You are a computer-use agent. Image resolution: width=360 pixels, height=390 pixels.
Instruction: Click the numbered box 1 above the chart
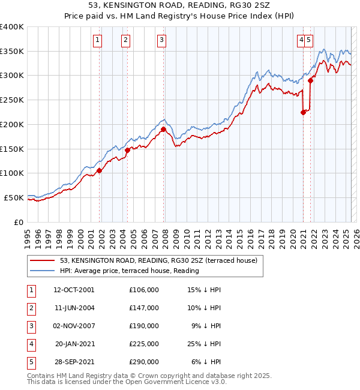[97, 40]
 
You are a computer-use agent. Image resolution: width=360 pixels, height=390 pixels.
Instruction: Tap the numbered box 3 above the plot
[162, 40]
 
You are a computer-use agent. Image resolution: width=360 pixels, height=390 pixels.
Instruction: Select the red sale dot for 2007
[163, 128]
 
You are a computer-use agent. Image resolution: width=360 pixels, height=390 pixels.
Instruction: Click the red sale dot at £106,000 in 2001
[100, 170]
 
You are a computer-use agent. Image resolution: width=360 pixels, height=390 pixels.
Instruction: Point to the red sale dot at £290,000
[311, 80]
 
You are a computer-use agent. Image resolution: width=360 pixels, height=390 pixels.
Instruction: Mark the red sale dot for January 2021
[303, 112]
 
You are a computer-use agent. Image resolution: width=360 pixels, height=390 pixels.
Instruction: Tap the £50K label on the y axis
[14, 197]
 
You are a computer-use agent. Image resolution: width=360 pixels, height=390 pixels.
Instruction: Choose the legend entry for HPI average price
[128, 271]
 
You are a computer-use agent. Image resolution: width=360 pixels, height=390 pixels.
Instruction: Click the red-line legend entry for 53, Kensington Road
[158, 260]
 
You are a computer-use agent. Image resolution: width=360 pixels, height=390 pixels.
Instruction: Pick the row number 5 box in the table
[29, 362]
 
